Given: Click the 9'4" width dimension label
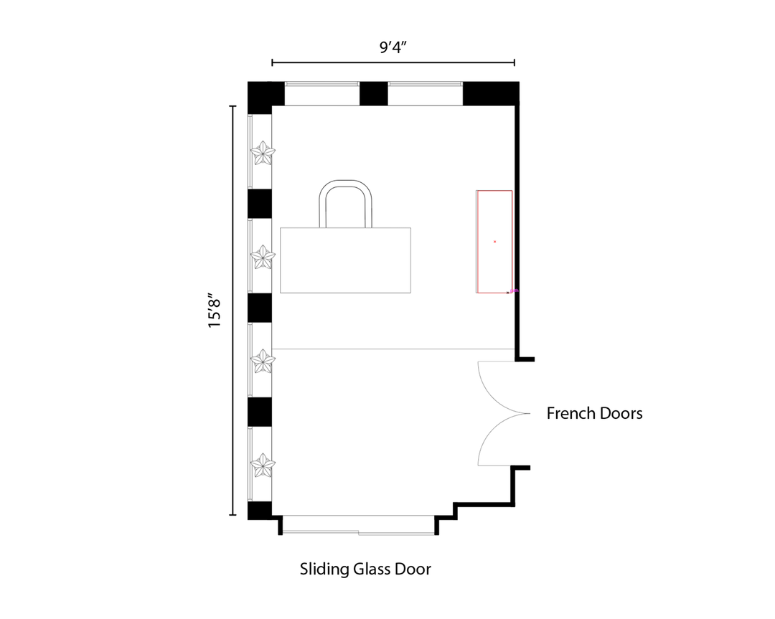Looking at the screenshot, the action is click(x=393, y=47).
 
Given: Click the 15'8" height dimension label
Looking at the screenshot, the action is click(x=215, y=311).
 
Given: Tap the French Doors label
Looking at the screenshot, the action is click(x=595, y=413).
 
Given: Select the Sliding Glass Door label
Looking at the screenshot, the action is click(x=365, y=569).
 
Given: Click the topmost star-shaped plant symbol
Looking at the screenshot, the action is click(x=263, y=153).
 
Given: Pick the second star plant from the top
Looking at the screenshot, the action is click(x=263, y=257).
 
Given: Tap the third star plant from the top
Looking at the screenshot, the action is click(x=263, y=362).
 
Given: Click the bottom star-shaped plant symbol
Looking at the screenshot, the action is click(x=263, y=466).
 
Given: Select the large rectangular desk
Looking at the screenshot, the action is click(x=345, y=260).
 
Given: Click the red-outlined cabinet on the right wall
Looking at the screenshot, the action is click(x=494, y=242).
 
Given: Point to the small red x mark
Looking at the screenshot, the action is click(x=494, y=242).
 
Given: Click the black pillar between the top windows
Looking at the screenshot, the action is click(x=374, y=94).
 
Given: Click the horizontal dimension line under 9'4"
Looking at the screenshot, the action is click(x=393, y=62).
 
